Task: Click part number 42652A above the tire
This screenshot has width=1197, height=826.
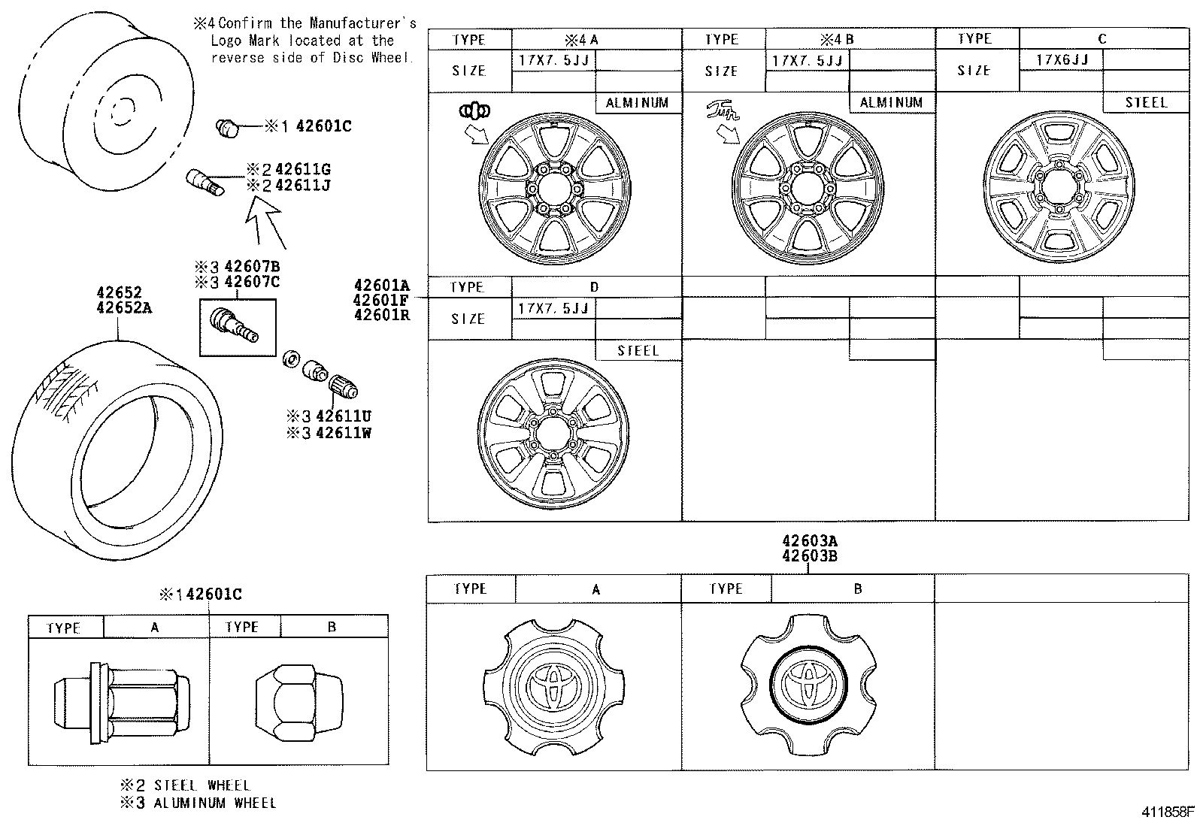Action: [124, 307]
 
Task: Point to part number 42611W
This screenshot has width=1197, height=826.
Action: [343, 433]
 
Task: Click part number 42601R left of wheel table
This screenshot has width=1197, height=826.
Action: [382, 314]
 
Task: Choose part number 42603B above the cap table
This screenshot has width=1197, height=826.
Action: [809, 556]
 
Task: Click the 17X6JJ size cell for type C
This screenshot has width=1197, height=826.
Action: [1061, 60]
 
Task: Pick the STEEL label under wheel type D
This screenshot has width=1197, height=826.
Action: [638, 350]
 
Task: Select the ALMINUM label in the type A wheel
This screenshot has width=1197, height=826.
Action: [638, 103]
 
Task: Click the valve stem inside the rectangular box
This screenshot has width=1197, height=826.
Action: [235, 326]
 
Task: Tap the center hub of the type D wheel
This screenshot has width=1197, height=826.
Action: [552, 434]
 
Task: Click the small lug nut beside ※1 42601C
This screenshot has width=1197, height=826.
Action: [226, 128]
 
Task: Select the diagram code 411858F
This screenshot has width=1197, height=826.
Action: [1168, 812]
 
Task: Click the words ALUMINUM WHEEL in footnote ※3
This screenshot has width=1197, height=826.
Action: [215, 803]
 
